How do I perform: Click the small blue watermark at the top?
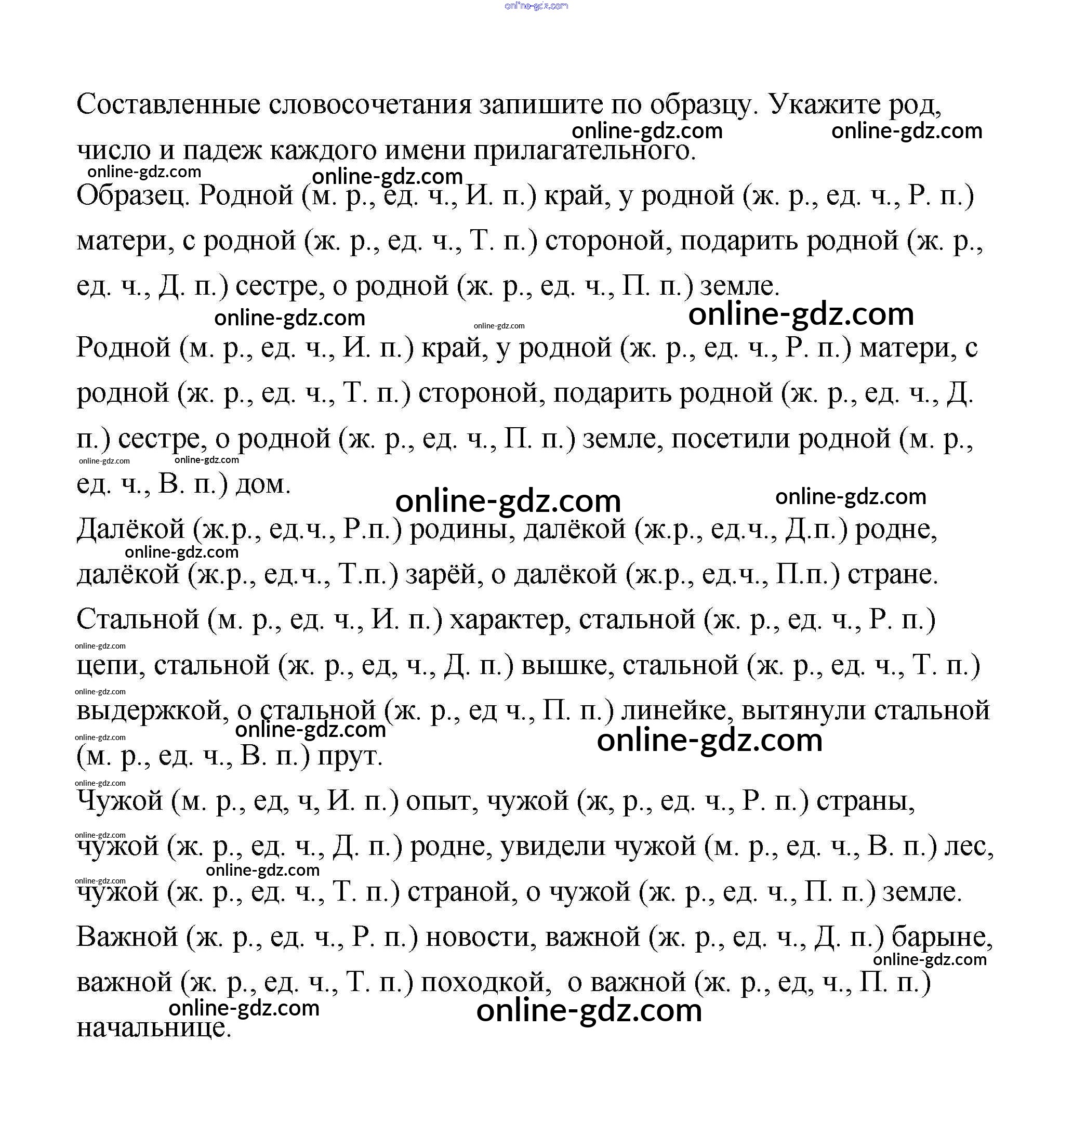coord(536,6)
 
